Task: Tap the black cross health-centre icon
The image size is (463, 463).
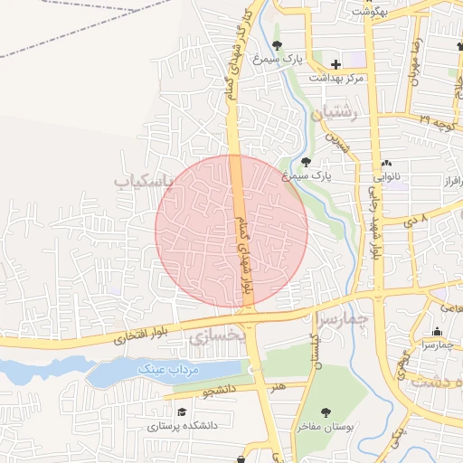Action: click(x=336, y=64)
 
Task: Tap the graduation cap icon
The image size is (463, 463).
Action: click(x=183, y=411)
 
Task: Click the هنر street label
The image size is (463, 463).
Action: click(x=276, y=386)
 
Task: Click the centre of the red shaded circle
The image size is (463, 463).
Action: click(x=231, y=231)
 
